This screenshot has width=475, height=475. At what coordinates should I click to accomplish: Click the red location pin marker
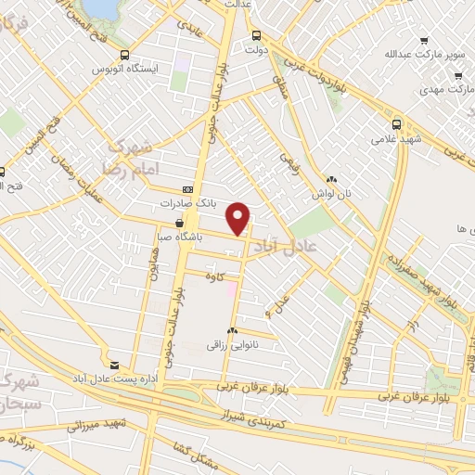[x=238, y=217]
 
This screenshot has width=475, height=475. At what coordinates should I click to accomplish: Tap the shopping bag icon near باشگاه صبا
[x=179, y=223]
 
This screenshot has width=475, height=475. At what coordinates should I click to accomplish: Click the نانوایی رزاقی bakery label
[x=232, y=343]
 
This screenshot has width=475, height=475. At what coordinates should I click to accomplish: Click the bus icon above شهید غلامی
[x=397, y=124]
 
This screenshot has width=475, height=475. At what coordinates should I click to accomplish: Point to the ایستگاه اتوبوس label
[x=130, y=69]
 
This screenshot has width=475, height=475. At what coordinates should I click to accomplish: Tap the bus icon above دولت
[x=256, y=36]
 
